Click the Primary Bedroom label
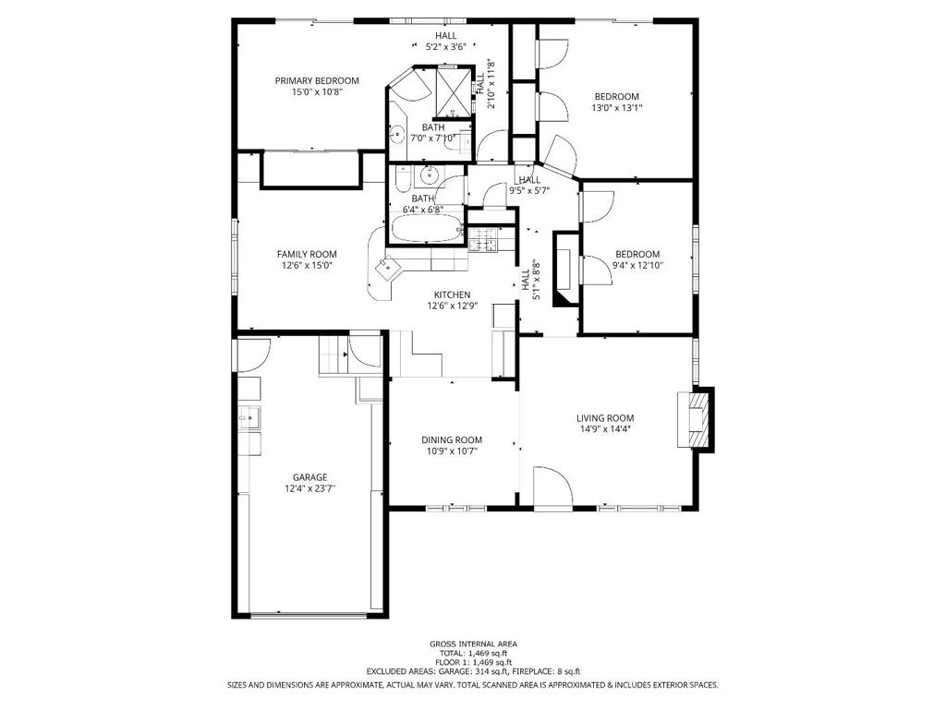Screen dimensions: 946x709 click(317, 81)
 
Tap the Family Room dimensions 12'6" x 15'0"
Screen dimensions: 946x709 click(307, 265)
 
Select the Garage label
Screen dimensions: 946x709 click(310, 477)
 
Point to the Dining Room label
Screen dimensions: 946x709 click(452, 440)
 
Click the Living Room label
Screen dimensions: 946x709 click(605, 418)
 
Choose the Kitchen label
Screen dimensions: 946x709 click(453, 294)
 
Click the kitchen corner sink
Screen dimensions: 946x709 click(388, 266)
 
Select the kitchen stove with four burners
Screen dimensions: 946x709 click(484, 239)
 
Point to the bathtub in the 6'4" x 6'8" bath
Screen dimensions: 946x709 click(427, 228)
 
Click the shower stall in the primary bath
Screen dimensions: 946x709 click(452, 92)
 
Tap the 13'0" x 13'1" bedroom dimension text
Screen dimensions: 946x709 click(616, 108)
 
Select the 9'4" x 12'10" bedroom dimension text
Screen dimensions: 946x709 click(637, 265)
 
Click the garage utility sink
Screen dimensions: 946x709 click(249, 417)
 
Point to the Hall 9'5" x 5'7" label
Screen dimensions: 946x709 click(529, 185)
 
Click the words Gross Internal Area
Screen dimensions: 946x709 click(473, 643)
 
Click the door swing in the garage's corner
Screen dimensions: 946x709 click(253, 355)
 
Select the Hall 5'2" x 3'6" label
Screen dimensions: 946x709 click(446, 41)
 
